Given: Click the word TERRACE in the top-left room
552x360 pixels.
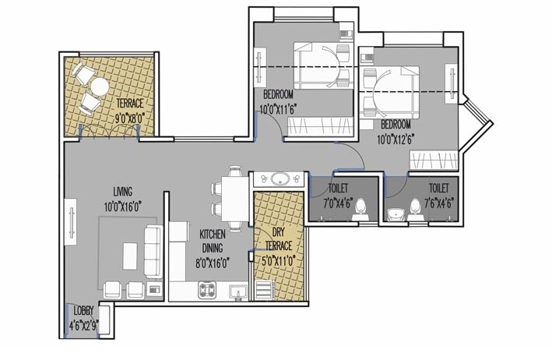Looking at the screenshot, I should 131,103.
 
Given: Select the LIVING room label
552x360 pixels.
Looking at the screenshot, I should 122,192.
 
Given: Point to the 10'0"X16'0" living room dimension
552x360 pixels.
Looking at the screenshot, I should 123,206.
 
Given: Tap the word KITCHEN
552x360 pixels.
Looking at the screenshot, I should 213,233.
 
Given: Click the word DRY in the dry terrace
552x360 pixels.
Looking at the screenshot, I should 278,231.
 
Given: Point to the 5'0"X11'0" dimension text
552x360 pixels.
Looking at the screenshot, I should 279,261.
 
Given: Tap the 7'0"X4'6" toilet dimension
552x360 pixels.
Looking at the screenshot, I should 337,203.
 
